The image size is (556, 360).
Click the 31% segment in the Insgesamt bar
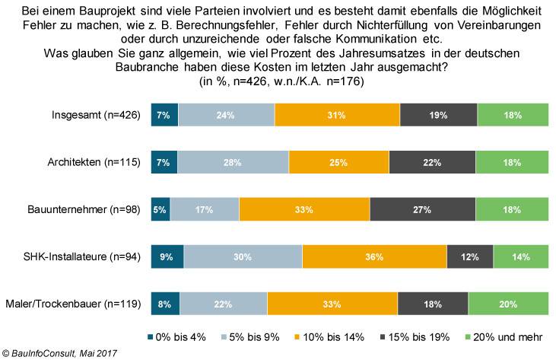[337, 116]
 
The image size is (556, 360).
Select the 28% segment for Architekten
[233, 163]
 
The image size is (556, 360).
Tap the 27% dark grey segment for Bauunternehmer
[422, 209]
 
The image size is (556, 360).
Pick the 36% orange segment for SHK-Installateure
[374, 256]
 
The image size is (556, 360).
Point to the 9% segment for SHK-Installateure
[167, 256]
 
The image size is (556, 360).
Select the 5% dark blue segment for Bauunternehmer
[160, 209]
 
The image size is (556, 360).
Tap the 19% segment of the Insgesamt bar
[438, 116]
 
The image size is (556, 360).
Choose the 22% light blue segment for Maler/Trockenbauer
[224, 304]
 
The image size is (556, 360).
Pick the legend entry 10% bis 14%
[335, 336]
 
